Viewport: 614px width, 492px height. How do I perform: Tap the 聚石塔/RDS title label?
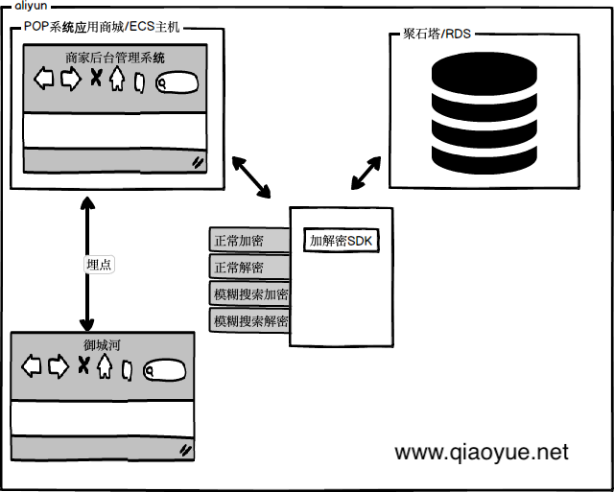437,34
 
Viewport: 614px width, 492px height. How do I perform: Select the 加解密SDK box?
342,241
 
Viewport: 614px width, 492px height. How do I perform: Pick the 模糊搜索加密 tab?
250,293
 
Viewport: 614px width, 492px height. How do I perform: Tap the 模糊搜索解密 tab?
250,320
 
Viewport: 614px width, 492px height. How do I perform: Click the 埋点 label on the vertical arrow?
99,265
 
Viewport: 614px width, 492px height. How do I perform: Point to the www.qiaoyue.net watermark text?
482,452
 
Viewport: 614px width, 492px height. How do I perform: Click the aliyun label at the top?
33,6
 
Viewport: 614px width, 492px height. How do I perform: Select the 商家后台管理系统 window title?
115,58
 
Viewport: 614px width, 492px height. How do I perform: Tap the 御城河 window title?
101,343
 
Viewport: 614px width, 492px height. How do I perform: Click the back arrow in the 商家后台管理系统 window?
44,80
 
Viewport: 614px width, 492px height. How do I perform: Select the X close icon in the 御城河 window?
83,364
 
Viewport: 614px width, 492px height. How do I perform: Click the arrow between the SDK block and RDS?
365,172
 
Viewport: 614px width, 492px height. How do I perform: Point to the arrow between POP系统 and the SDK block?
251,176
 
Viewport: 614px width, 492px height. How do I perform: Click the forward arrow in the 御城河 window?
59,364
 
